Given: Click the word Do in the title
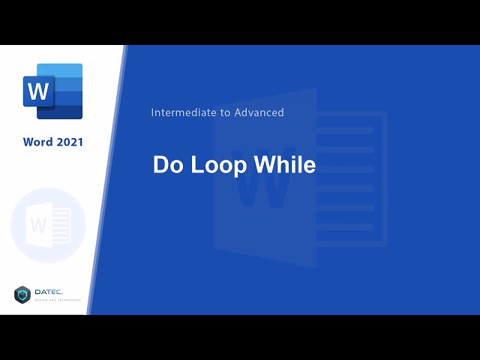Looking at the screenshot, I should click(x=166, y=165).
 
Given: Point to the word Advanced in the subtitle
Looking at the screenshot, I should click(x=260, y=112).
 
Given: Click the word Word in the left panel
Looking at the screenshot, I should click(x=37, y=142).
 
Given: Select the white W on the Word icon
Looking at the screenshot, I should click(x=37, y=92).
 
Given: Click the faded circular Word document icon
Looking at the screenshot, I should click(x=48, y=225).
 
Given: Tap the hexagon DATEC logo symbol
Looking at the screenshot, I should click(x=22, y=295).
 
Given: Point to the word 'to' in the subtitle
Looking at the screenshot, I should click(x=223, y=112).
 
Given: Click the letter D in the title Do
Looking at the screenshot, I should click(x=160, y=165).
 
